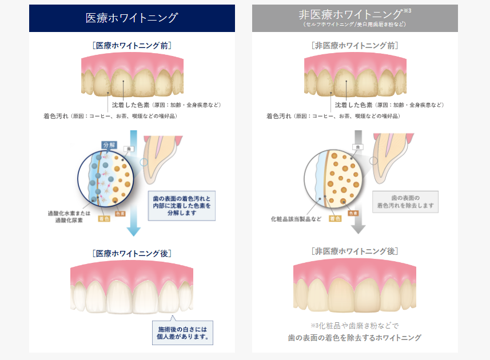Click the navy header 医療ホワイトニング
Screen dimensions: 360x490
pyautogui.click(x=132, y=18)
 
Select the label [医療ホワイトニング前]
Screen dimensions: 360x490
pyautogui.click(x=132, y=45)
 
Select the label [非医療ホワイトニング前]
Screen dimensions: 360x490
pyautogui.click(x=354, y=45)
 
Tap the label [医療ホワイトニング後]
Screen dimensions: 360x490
pyautogui.click(x=132, y=253)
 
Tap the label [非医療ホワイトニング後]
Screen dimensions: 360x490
pyautogui.click(x=354, y=251)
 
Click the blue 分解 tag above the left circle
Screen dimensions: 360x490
pyautogui.click(x=109, y=145)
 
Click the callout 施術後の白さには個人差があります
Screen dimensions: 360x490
pyautogui.click(x=182, y=333)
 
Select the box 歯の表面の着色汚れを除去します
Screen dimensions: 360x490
pyautogui.click(x=405, y=201)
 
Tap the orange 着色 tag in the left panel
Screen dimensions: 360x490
pyautogui.click(x=104, y=218)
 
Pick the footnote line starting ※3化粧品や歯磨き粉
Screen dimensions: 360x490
pyautogui.click(x=354, y=325)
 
